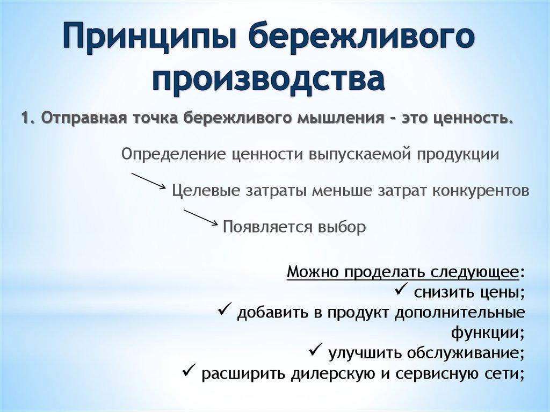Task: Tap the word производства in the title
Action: click(x=269, y=79)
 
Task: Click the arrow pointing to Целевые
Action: click(x=148, y=180)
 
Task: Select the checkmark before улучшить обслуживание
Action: click(x=315, y=352)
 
